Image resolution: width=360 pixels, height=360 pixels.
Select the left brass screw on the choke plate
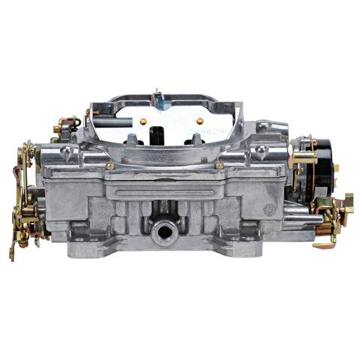point(142,121)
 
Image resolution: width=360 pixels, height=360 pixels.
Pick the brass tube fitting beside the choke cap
point(303,157)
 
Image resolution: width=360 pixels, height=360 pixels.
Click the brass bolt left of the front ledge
point(110,166)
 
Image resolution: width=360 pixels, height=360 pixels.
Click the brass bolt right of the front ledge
point(220,166)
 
